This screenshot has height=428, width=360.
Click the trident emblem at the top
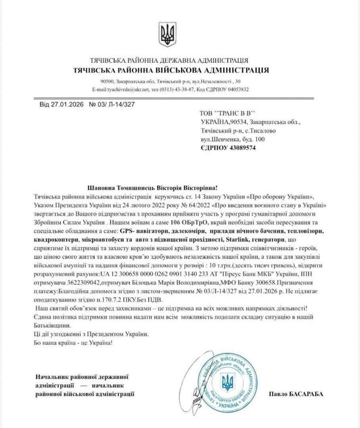tap(167, 34)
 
